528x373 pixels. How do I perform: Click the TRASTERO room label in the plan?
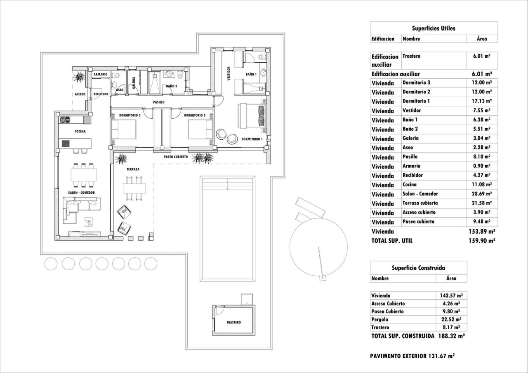point(233,322)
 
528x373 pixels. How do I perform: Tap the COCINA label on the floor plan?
point(80,131)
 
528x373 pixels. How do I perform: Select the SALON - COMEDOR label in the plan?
point(81,192)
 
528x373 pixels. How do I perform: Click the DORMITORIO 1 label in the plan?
point(252,139)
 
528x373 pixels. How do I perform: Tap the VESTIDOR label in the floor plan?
point(228,74)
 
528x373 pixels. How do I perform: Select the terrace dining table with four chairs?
point(135,188)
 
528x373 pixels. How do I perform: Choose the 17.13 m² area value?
point(481,101)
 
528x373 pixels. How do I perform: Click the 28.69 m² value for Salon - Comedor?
point(481,194)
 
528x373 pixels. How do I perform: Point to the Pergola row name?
point(379,319)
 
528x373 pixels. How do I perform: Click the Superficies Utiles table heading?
point(434,28)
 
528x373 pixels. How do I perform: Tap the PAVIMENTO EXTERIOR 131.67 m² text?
point(412,356)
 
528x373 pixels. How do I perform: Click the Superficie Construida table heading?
point(418,268)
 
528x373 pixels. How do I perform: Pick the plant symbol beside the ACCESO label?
point(78,77)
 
